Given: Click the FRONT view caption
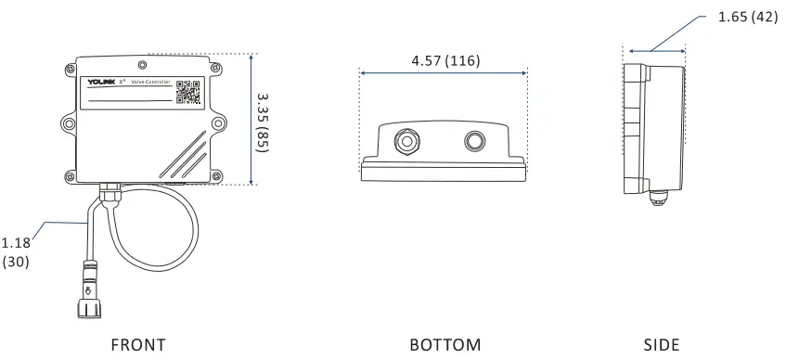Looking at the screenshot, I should [138, 345].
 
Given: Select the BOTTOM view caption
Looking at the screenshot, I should [445, 345].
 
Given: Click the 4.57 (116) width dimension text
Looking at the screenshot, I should [445, 61].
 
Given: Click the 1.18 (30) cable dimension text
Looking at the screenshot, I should [16, 253].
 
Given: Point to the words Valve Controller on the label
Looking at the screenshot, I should [150, 83].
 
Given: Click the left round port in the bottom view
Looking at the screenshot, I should [405, 141].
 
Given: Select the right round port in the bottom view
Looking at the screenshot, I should [474, 141].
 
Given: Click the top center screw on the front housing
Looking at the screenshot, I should [140, 65].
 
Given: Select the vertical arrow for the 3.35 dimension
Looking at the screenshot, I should [252, 119].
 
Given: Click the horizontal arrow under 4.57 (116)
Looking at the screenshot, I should [444, 73].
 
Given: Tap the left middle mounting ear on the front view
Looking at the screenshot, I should [68, 122].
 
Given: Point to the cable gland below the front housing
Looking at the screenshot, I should [109, 193].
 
